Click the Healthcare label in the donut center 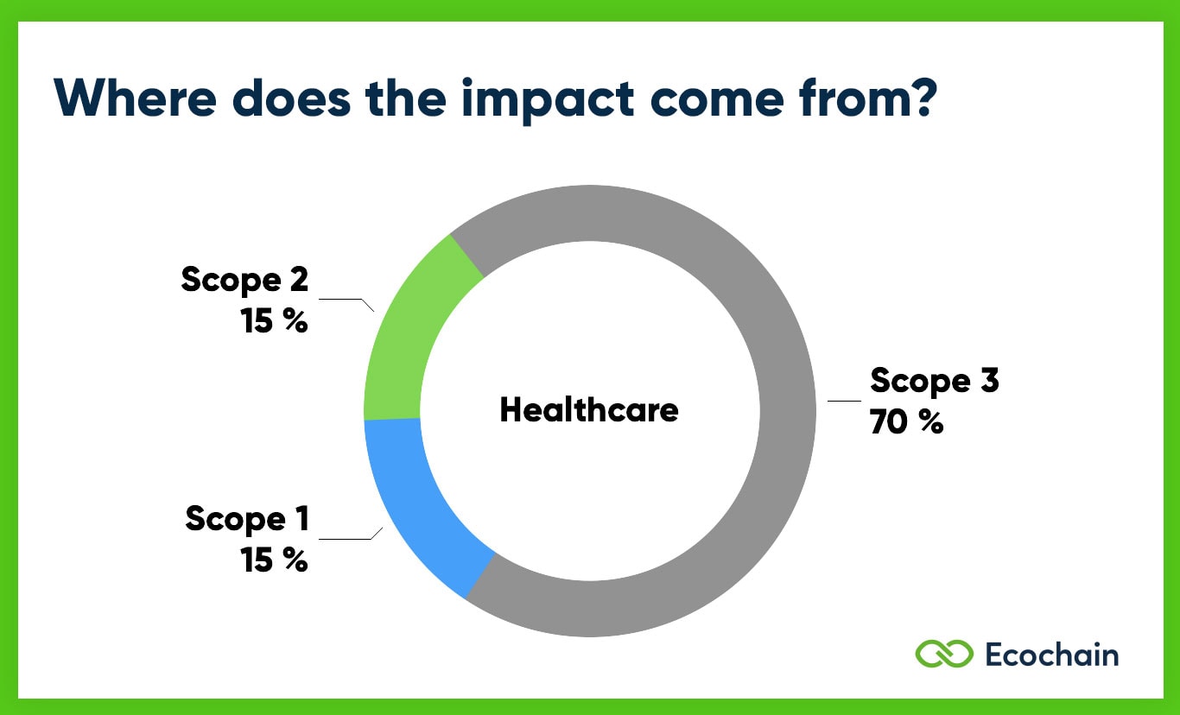pos(589,409)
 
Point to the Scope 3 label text pos(934,381)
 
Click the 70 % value pos(906,423)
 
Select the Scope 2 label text pos(244,280)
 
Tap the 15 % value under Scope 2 pos(274,321)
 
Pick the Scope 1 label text pos(247,519)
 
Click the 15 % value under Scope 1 pos(274,560)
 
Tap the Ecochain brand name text pos(1051,654)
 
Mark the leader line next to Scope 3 pos(844,401)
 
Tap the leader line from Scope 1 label pos(349,538)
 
